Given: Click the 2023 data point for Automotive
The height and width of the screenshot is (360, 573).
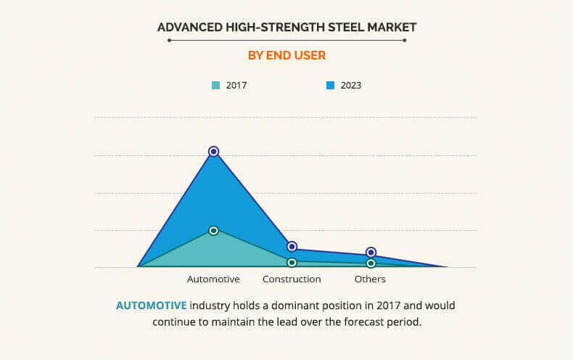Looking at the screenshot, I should [213, 152].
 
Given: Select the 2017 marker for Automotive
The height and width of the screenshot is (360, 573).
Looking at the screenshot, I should [213, 230].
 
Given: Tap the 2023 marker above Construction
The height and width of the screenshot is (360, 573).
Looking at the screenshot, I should [292, 247].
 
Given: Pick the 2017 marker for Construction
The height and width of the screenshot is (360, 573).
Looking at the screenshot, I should [292, 262].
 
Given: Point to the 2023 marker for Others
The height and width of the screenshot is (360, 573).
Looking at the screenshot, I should [371, 252].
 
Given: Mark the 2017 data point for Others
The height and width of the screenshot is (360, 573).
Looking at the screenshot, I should [371, 263].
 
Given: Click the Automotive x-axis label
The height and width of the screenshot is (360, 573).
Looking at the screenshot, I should [213, 279].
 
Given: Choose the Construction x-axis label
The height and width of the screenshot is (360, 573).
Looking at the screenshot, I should [292, 279].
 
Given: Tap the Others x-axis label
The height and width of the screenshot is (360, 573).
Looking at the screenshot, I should [370, 279].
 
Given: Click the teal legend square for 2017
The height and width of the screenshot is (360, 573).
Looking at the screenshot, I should [215, 86].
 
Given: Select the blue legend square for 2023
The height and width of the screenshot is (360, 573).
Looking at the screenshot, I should [330, 86].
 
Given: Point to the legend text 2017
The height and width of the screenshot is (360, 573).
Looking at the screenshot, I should [236, 86].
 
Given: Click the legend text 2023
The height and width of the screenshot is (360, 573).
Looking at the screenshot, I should [351, 86].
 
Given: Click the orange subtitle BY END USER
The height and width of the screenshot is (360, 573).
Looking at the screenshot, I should [286, 55].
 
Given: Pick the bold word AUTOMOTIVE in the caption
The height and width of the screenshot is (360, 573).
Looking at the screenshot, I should [151, 306].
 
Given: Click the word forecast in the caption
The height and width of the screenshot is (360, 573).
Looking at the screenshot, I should [357, 322].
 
